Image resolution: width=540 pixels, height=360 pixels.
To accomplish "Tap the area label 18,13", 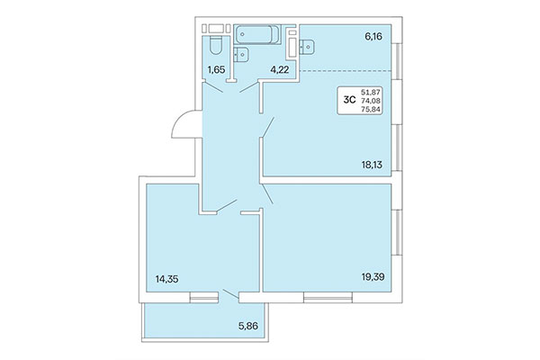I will pos(373,165).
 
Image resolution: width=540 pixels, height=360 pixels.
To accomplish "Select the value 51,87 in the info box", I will pos(370,91).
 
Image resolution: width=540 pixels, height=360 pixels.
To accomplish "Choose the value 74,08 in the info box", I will pos(370,100).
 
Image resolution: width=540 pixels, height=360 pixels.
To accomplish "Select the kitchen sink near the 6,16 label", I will pos(307,41).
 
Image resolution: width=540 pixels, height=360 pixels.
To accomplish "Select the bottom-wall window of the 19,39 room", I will pos(328,293).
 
